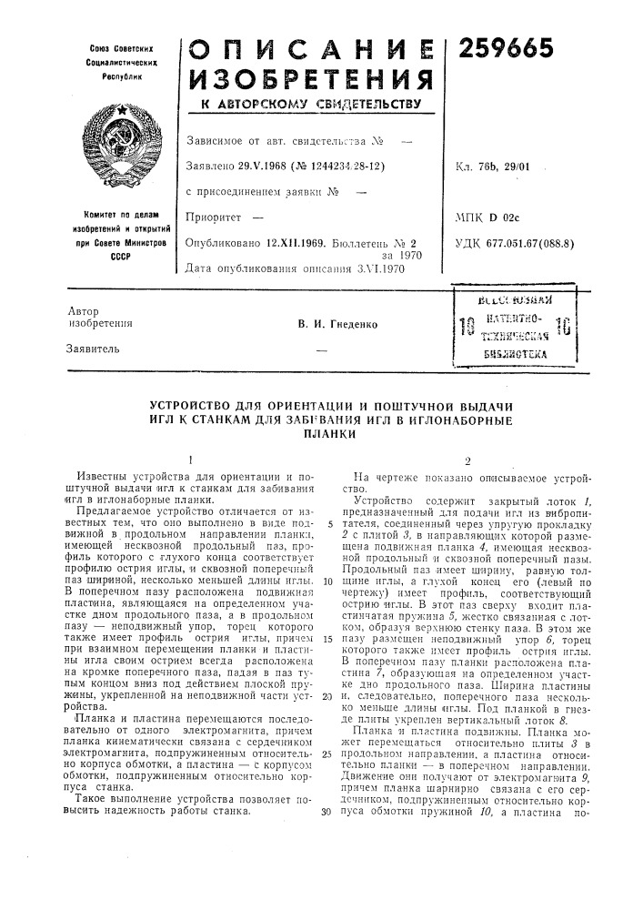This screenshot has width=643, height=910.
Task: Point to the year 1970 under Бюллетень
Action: click(419, 257)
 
